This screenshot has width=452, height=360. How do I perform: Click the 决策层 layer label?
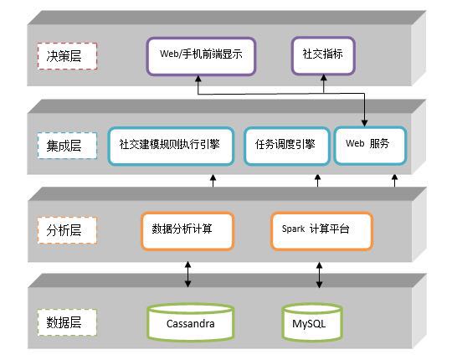pos(67,56)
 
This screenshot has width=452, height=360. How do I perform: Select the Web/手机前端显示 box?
pos(201,56)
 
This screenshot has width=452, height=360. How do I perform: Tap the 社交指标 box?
pos(323,55)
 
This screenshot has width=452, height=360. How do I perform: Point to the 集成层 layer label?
pos(67,146)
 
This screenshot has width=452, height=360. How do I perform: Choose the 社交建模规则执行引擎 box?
pos(171,147)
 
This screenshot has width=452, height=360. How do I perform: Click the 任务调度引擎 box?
pos(287,147)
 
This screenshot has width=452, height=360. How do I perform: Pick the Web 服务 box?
pos(371,146)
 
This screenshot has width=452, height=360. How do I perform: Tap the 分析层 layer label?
pos(67,230)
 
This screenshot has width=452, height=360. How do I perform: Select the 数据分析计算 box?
pos(187,230)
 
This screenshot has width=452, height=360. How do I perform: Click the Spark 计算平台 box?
pos(321,230)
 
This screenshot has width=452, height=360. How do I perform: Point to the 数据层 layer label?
pos(67,322)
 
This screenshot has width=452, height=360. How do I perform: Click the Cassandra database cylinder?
pos(191,322)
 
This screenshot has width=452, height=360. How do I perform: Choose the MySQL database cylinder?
pos(312,322)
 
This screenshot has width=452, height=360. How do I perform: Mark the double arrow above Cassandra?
pos(188,275)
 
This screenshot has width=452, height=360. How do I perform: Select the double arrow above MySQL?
pos(319,275)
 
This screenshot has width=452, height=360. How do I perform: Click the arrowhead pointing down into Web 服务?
pos(364,123)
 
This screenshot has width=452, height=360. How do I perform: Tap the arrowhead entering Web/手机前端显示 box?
pos(198,79)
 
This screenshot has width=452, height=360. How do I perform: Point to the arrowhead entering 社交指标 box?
pos(324,78)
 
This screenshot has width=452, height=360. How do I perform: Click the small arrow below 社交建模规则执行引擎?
pos(213,181)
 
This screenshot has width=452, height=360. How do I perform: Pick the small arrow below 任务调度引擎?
pos(318,181)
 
